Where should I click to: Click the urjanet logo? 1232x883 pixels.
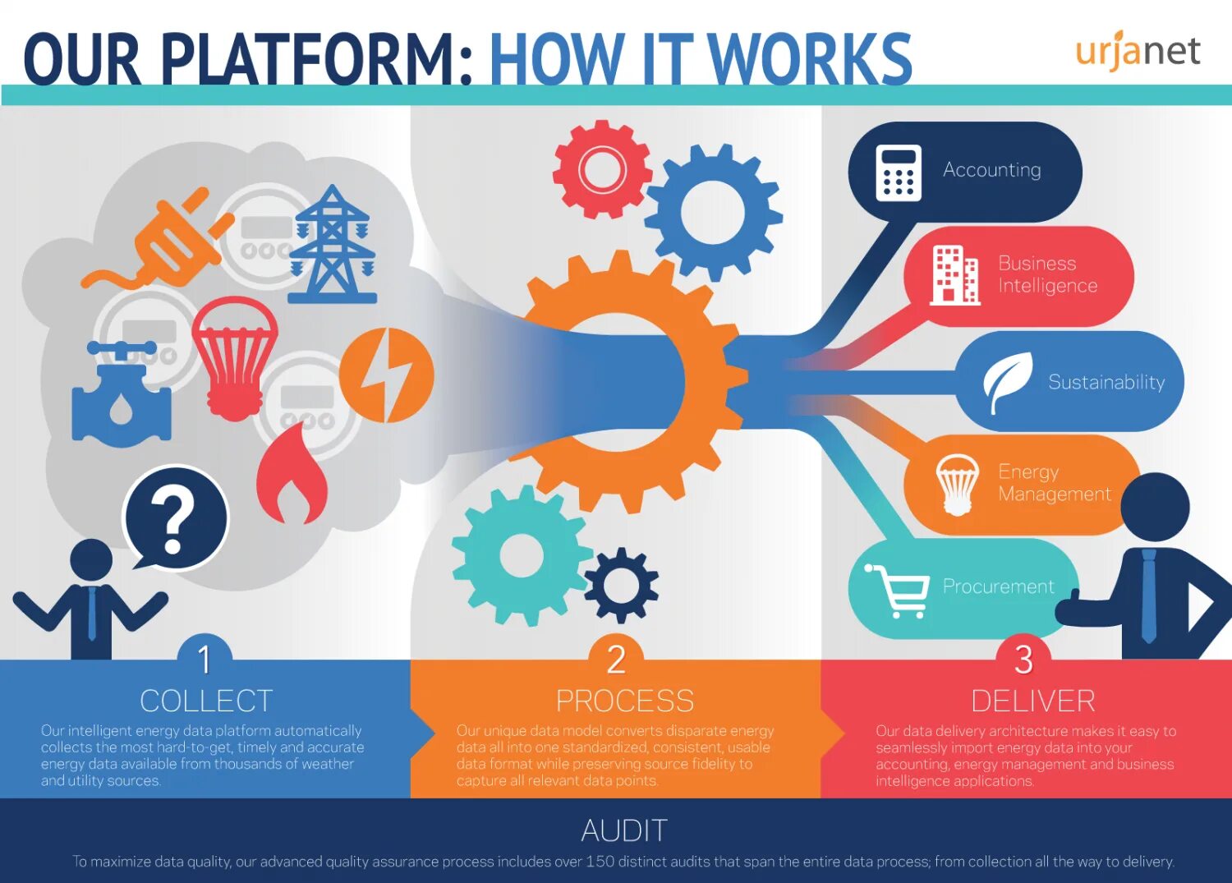coord(1138,51)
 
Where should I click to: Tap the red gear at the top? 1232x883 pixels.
coord(602,170)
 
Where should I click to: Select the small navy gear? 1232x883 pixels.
coord(622,585)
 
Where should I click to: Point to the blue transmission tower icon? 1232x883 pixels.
coord(333,246)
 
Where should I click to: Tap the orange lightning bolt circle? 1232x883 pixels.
coord(386,375)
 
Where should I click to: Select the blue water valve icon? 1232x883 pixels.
coord(122,394)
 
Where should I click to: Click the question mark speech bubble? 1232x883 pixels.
coord(176,517)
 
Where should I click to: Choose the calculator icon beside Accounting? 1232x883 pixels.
coord(899,172)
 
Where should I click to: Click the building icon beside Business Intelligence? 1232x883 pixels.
coord(954,276)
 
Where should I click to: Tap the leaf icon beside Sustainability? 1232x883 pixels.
coord(1007,381)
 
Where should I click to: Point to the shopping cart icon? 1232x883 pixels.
coord(898,591)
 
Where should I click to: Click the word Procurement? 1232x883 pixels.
coord(998,586)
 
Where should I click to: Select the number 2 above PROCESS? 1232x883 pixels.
coord(616,659)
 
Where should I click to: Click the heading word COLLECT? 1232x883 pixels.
coord(206,701)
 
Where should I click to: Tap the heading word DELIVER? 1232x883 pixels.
coord(1032,701)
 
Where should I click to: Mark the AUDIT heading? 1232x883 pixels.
coord(624,830)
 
